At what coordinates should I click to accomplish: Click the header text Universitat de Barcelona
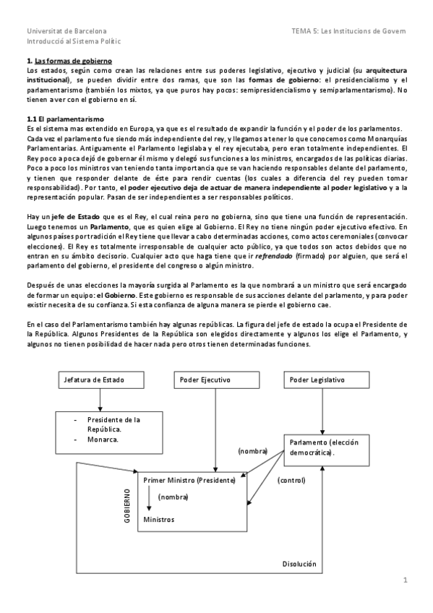pyautogui.click(x=67, y=31)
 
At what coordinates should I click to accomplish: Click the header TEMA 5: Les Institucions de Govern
pyautogui.click(x=348, y=31)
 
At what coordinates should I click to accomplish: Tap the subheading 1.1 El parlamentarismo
pyautogui.click(x=65, y=119)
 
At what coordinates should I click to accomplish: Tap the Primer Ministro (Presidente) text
pyautogui.click(x=189, y=480)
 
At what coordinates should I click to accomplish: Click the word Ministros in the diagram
pyautogui.click(x=158, y=519)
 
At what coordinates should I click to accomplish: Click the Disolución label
pyautogui.click(x=299, y=564)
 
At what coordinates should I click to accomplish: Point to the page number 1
pyautogui.click(x=406, y=580)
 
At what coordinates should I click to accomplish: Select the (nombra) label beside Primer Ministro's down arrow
pyautogui.click(x=173, y=497)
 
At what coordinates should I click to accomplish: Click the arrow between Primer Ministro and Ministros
pyautogui.click(x=148, y=498)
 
